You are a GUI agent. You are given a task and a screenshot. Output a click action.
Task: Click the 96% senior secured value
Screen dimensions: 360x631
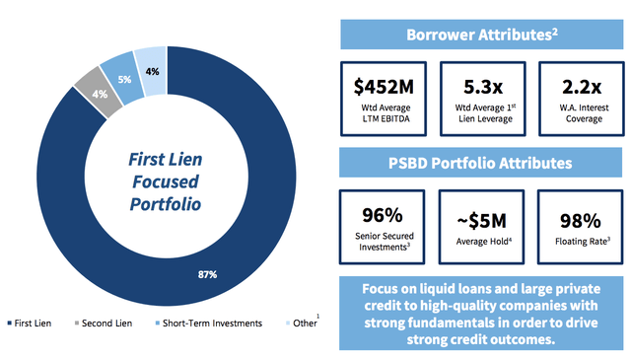pos(378,213)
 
